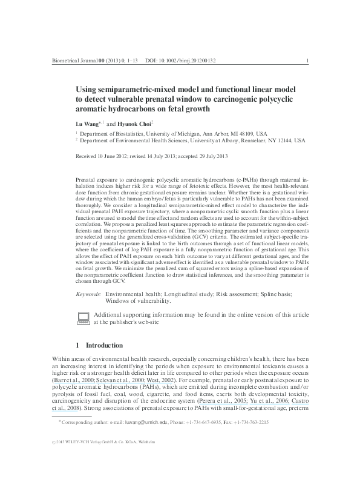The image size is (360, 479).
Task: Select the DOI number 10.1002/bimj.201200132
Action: (188, 61)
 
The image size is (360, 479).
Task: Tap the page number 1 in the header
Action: (309, 61)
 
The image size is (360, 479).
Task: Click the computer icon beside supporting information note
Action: (84, 319)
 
